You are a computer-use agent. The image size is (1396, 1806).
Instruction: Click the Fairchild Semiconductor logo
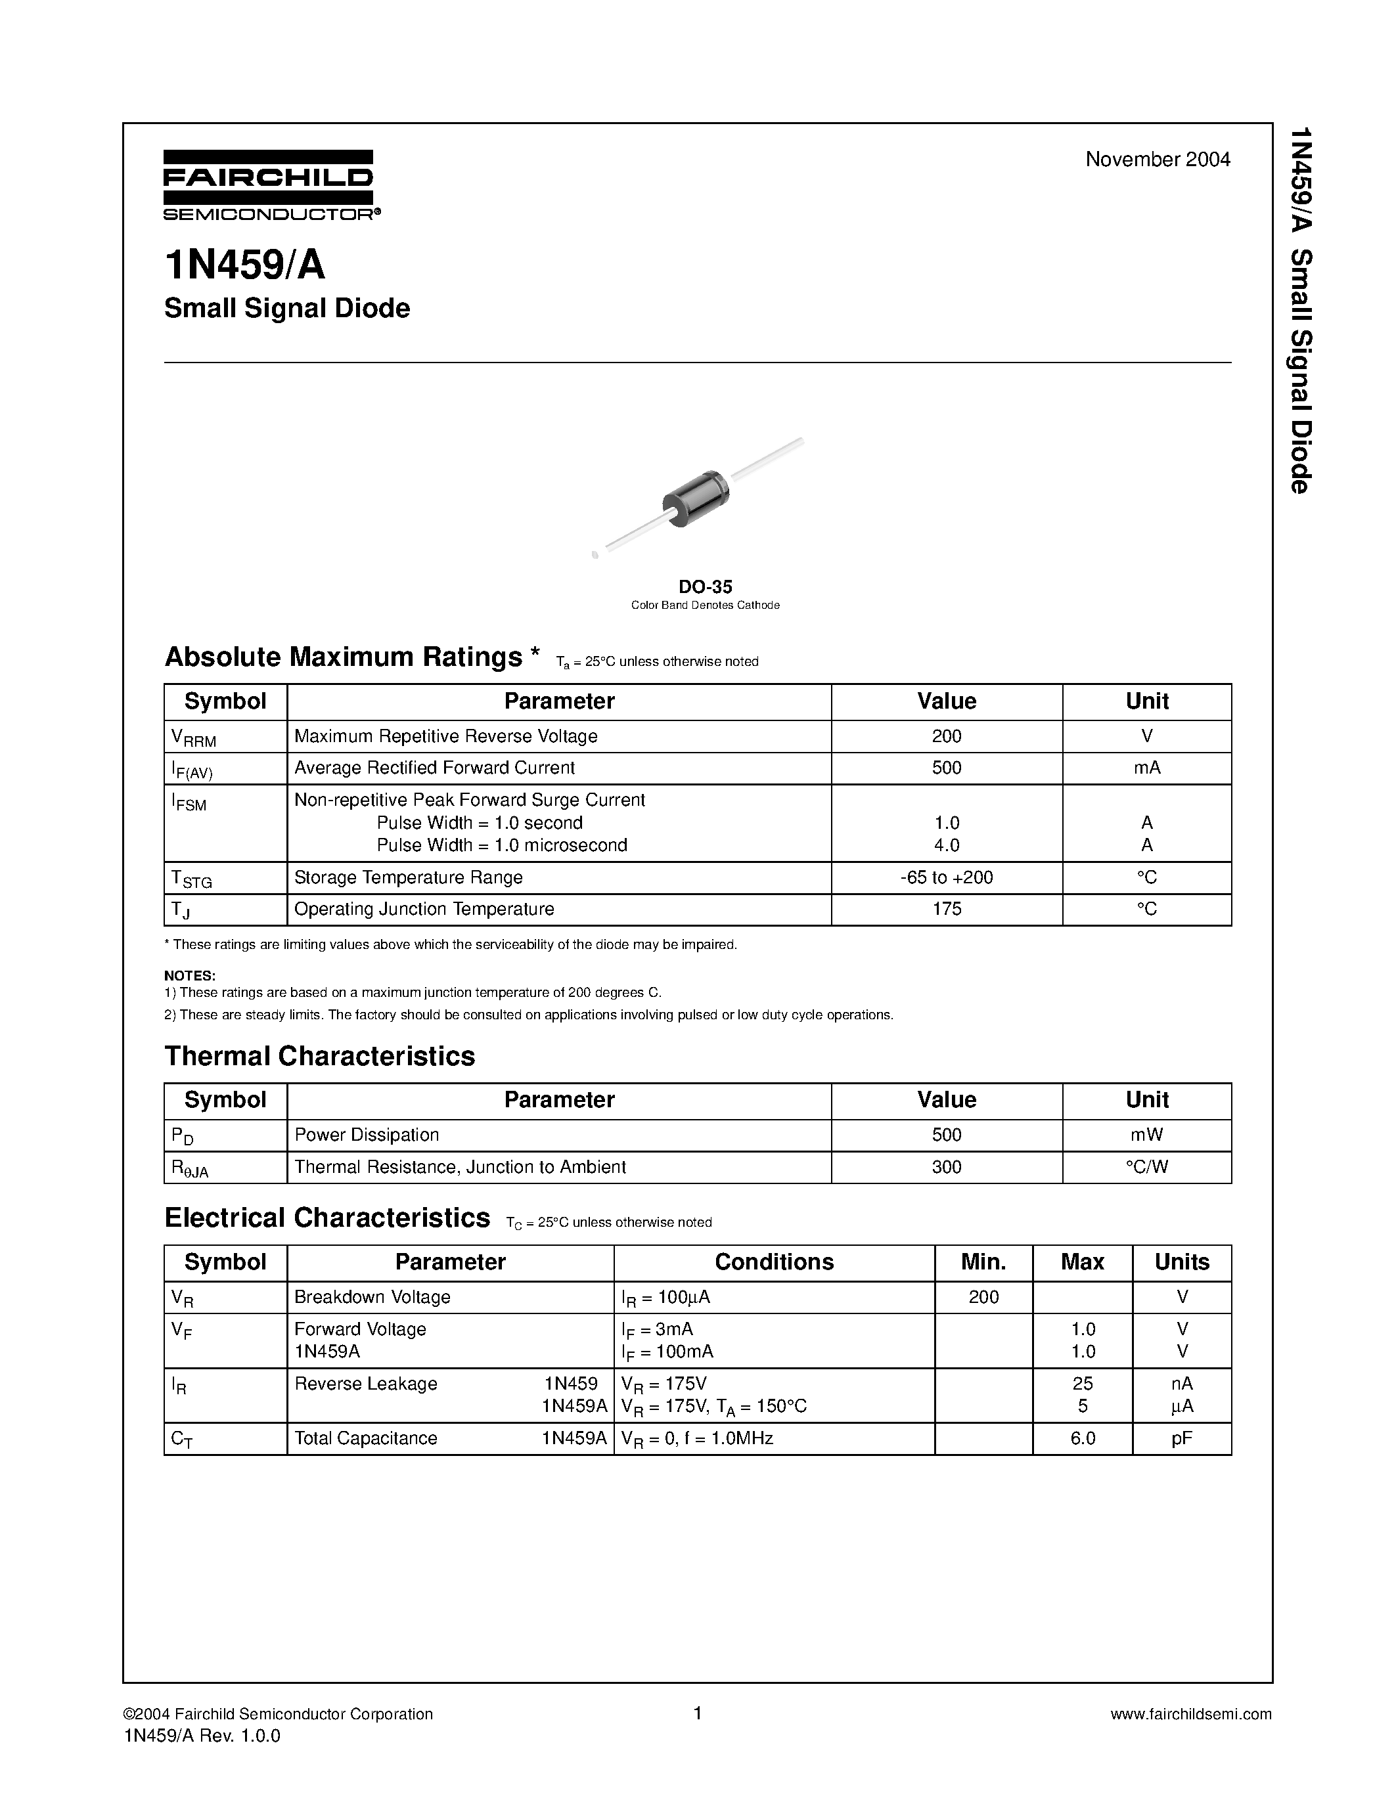(x=269, y=185)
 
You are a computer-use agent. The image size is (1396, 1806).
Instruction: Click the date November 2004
(x=1157, y=160)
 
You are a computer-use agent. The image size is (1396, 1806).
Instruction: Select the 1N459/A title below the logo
(x=245, y=265)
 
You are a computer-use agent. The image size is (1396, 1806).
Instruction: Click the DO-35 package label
(x=706, y=587)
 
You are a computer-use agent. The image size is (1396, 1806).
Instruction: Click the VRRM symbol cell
(x=194, y=737)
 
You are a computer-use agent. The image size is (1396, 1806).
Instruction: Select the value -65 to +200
(x=946, y=877)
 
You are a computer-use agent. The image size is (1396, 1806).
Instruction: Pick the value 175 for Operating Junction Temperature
(x=946, y=909)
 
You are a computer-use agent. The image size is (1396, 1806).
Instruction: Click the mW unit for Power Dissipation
(x=1146, y=1135)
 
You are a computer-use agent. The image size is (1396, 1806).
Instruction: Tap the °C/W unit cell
(x=1146, y=1167)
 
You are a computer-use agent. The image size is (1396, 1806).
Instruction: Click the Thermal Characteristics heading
(x=319, y=1056)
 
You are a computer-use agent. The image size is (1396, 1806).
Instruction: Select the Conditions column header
(x=773, y=1262)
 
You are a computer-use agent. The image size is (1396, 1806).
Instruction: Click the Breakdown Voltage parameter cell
(x=372, y=1296)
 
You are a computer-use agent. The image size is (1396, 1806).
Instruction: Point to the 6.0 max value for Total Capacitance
(x=1082, y=1438)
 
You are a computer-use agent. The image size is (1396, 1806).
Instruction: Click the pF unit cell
(x=1181, y=1438)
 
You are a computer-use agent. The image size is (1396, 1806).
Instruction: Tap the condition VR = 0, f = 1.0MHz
(x=696, y=1439)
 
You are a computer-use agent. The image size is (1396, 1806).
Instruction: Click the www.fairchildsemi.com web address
(x=1190, y=1714)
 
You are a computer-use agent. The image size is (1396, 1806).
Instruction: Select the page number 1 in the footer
(x=697, y=1713)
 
